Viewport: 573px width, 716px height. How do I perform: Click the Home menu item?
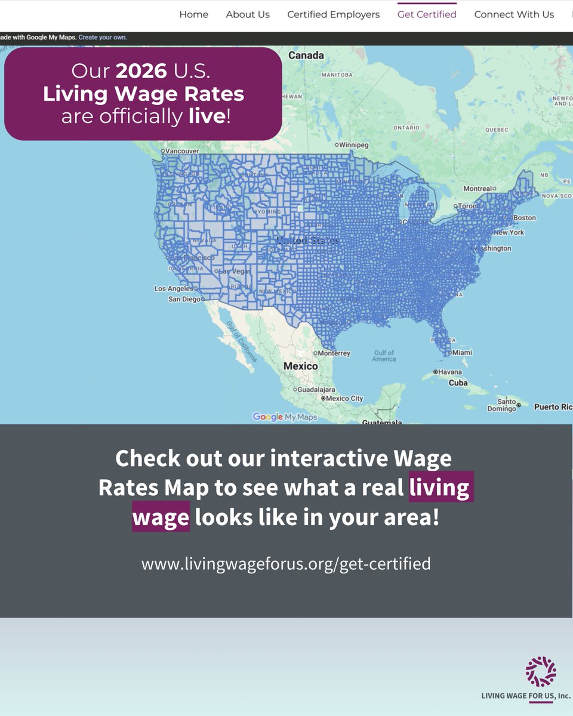point(193,14)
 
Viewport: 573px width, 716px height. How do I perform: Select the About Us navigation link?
point(248,14)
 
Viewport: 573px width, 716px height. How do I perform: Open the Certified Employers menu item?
point(333,14)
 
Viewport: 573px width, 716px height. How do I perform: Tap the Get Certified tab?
point(427,14)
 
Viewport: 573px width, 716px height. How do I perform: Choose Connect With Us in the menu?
point(514,14)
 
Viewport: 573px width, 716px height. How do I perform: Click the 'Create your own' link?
point(103,38)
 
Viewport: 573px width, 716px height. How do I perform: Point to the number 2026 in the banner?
point(141,71)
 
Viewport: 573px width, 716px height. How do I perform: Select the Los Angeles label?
point(173,289)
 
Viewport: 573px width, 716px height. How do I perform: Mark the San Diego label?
point(184,300)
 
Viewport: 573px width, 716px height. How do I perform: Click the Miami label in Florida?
point(462,353)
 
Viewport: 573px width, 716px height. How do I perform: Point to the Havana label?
point(450,372)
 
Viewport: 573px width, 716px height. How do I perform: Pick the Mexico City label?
point(344,399)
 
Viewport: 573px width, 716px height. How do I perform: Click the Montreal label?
point(477,189)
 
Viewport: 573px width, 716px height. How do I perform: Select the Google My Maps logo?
point(285,417)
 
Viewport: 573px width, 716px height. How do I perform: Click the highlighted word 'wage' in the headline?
point(161,517)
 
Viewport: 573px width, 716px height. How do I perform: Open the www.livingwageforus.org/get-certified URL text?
point(286,563)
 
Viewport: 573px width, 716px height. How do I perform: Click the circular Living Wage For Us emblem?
point(541,671)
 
